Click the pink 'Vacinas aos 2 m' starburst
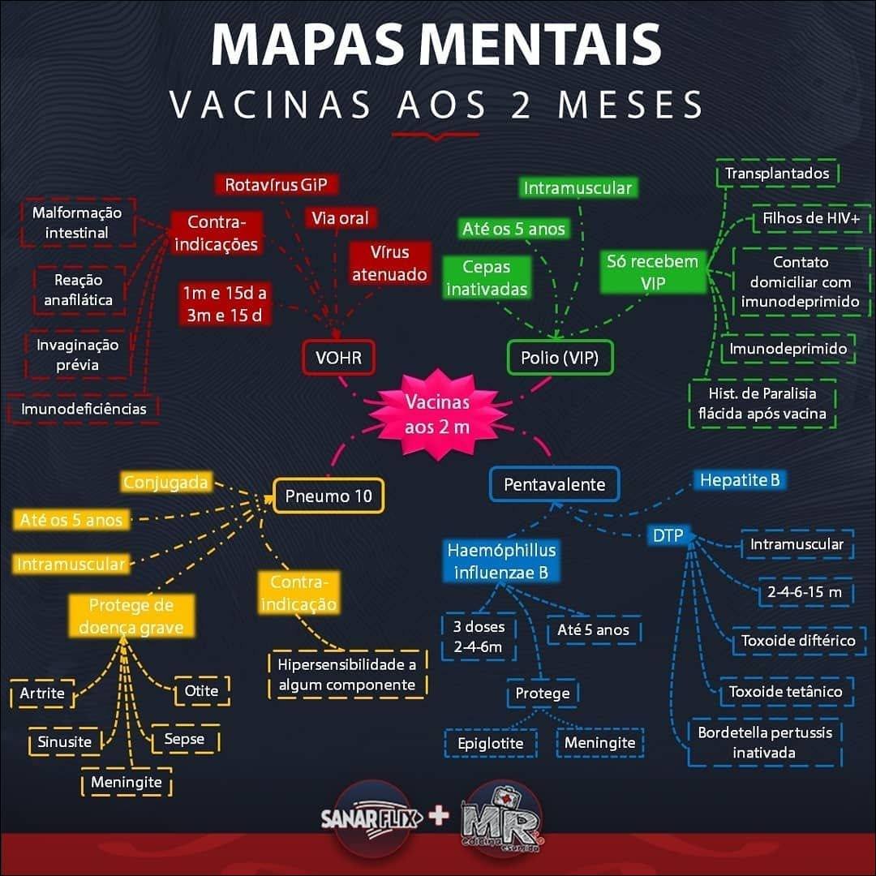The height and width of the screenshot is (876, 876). pos(437,414)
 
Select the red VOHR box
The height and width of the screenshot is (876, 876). pos(338,358)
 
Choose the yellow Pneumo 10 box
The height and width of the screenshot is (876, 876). pos(328,496)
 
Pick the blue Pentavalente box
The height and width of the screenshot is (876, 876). pos(554,484)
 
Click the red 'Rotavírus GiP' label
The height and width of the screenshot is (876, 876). pos(276,185)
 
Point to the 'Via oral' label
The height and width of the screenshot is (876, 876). pos(340,217)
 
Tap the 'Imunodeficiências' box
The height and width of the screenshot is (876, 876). pos(84,408)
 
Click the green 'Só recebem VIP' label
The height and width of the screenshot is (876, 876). pos(651,272)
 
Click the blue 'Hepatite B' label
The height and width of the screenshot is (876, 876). pos(739,480)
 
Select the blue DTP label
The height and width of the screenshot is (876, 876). pos(668,535)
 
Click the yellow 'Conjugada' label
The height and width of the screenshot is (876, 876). pos(165,483)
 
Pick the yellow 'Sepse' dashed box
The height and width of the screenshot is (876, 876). pos(184,739)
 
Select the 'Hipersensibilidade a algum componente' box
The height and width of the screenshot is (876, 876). pos(347,675)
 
